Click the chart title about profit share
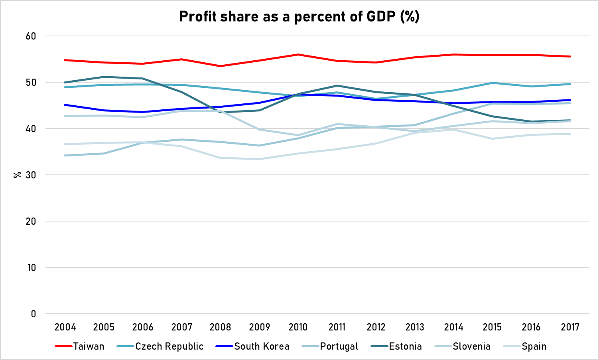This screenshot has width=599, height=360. [299, 16]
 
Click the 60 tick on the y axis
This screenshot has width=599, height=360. [31, 36]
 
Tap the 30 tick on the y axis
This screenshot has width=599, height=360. [31, 175]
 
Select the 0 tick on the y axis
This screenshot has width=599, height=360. [33, 314]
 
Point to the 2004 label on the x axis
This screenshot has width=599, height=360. [65, 327]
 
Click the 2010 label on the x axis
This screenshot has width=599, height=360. [298, 327]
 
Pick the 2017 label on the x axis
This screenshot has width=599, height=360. [570, 327]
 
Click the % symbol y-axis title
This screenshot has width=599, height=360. [17, 175]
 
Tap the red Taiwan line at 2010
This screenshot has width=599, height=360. [298, 54]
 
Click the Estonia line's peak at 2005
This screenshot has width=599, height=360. [104, 77]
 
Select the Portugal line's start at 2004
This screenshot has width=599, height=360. [65, 155]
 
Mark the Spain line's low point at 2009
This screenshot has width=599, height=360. [259, 159]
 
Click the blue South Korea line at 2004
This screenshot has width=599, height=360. [65, 105]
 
